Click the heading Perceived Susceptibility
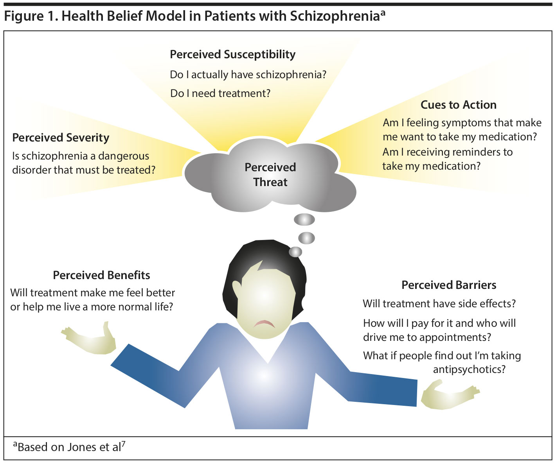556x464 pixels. (232, 54)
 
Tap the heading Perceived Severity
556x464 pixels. (61, 138)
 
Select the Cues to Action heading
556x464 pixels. (458, 105)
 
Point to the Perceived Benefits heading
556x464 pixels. (101, 275)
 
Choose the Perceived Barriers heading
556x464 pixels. (449, 285)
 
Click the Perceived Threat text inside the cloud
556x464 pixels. (270, 175)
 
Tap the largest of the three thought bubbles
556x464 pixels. (304, 220)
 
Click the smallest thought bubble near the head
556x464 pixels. (295, 252)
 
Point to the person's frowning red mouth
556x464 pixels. (264, 324)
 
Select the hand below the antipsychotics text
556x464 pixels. (448, 396)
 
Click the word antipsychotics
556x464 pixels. (469, 369)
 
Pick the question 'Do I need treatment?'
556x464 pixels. (220, 93)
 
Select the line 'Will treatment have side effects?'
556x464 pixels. (439, 304)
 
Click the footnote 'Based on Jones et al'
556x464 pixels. (69, 447)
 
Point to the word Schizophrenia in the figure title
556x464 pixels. (335, 16)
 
